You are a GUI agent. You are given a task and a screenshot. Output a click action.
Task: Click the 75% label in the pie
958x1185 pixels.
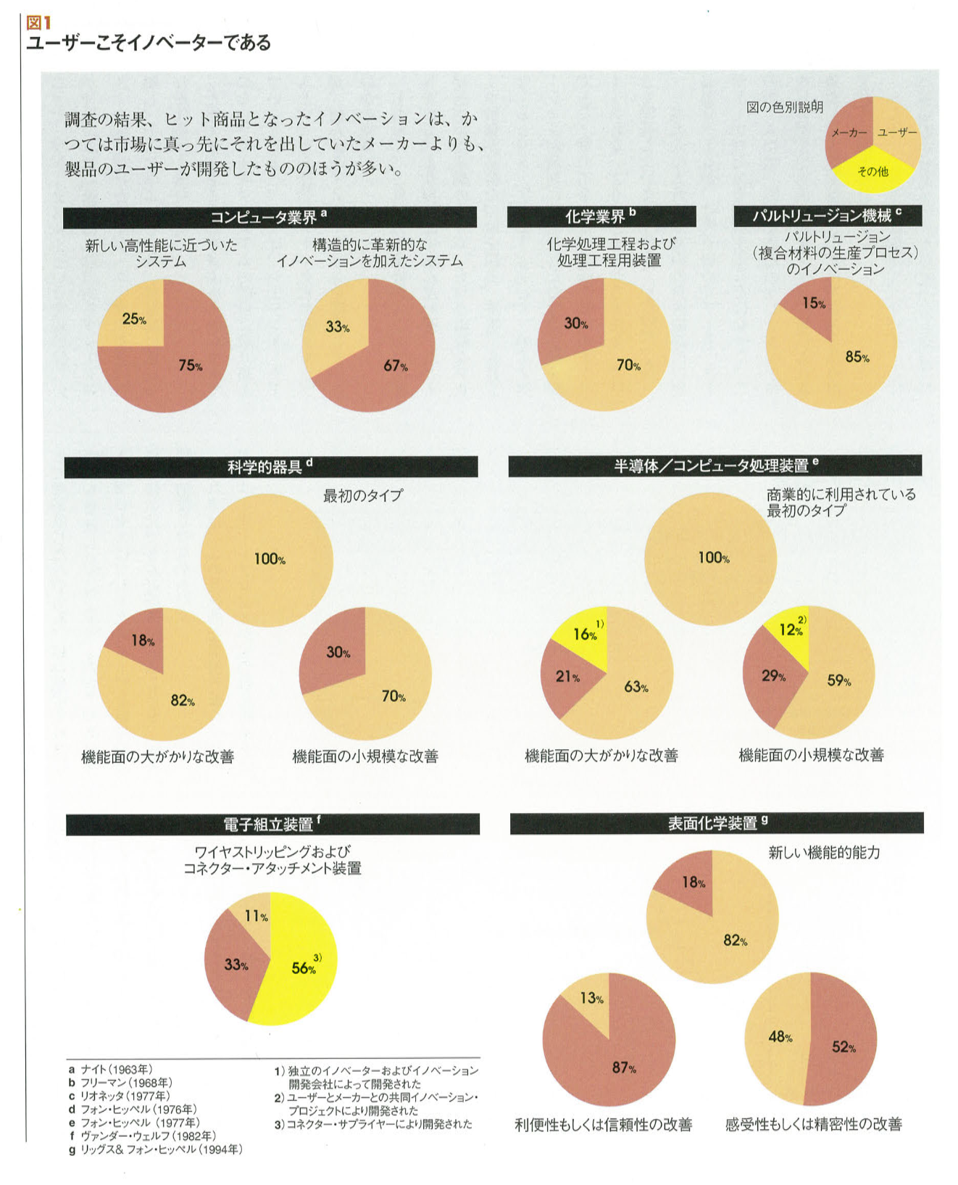(190, 366)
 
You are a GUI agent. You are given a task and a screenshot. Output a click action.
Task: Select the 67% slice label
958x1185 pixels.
(395, 366)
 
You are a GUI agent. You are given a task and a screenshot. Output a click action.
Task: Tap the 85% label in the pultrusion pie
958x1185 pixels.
(857, 357)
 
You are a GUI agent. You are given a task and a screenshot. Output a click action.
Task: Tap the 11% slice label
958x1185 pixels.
(256, 916)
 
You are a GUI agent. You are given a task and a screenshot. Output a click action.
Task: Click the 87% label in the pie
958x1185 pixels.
(624, 1068)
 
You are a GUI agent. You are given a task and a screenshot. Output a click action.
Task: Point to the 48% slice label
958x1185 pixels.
(780, 1037)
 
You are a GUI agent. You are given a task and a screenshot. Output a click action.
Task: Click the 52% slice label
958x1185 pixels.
(844, 1046)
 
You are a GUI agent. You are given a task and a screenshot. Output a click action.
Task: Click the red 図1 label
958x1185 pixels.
(38, 23)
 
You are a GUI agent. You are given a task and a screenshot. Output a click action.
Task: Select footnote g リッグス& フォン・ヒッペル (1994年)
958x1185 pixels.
(156, 1149)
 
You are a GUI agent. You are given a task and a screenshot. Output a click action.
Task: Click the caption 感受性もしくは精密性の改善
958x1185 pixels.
(813, 1125)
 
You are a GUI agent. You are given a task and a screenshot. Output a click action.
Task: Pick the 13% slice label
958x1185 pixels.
(591, 999)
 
